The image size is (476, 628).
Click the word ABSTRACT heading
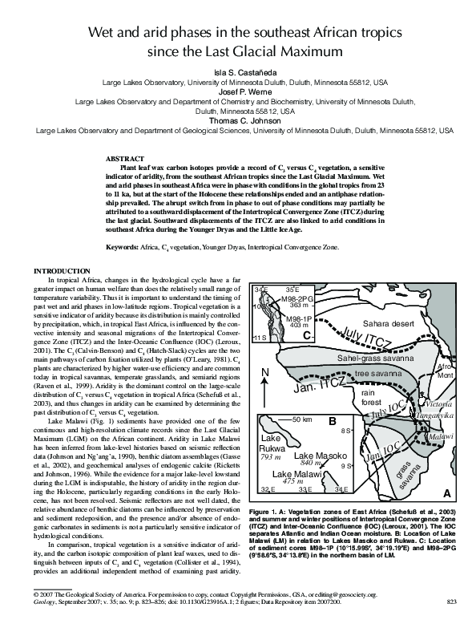(125, 160)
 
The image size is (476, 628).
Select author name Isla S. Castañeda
(237, 71)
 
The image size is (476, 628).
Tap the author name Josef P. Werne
(237, 92)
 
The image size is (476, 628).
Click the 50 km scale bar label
(302, 419)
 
